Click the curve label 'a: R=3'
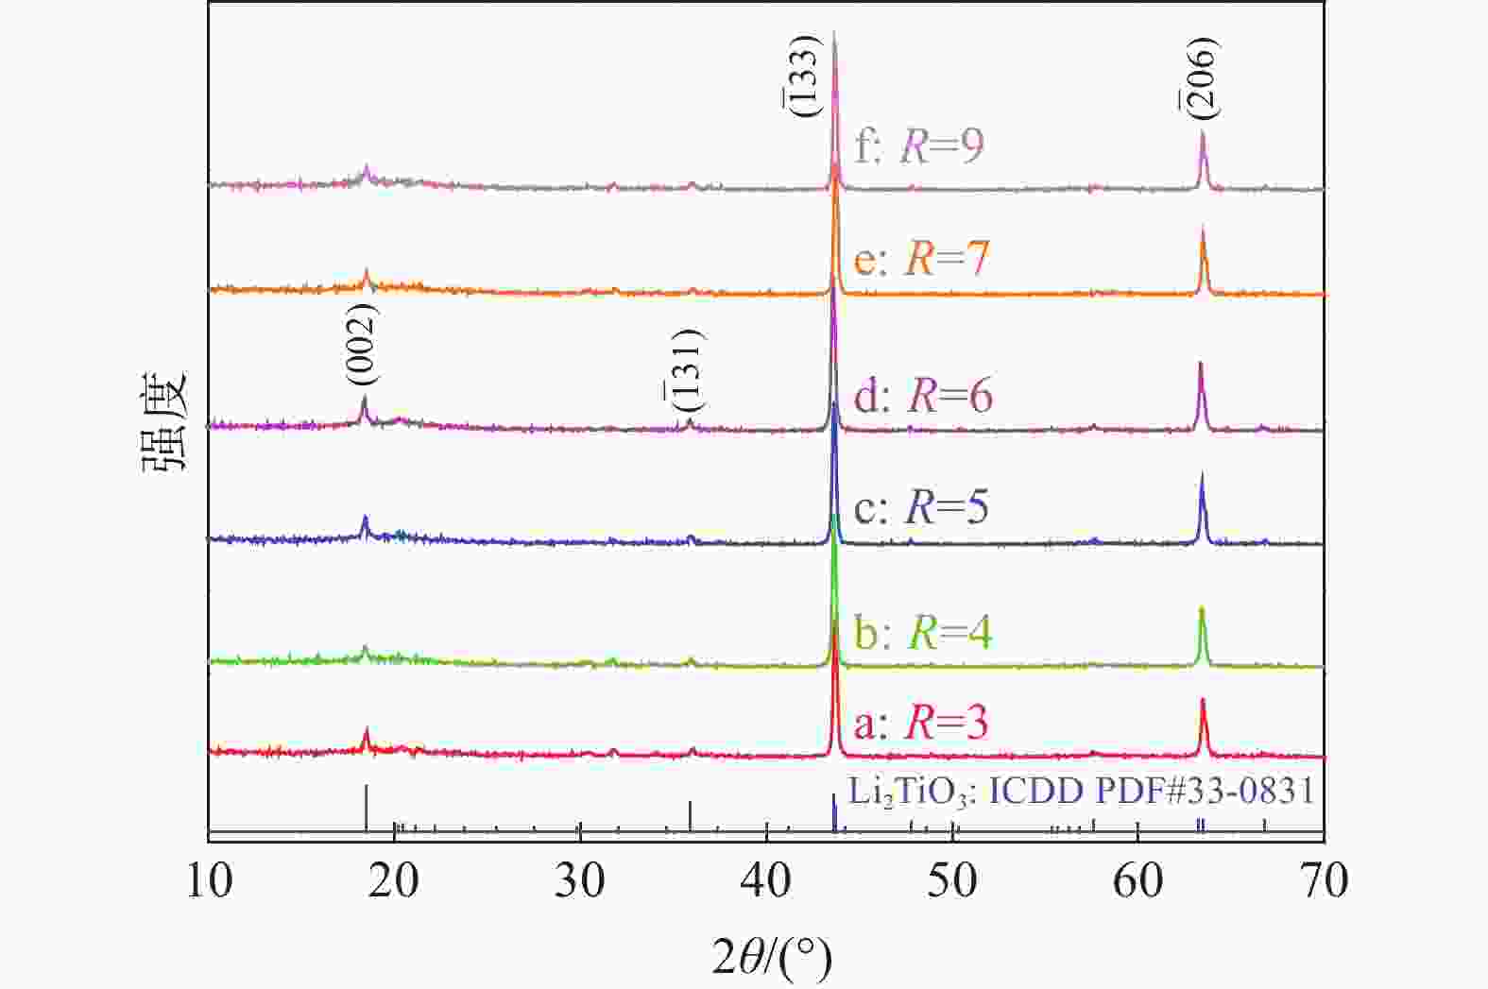pos(920,723)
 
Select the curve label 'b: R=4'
pos(922,632)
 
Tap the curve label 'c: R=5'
pos(920,507)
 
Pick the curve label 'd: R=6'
pos(922,395)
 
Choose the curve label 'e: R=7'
pos(920,258)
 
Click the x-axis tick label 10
pos(209,880)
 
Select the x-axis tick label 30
pos(580,880)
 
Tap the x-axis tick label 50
pos(952,880)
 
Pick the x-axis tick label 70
pos(1324,880)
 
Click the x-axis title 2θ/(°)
pos(772,959)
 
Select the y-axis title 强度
pos(166,423)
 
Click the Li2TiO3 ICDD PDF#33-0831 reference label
pos(1081,790)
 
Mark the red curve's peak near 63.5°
pos(1203,700)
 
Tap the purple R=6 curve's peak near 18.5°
pos(364,399)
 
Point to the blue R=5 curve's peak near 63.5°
pos(1202,475)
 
